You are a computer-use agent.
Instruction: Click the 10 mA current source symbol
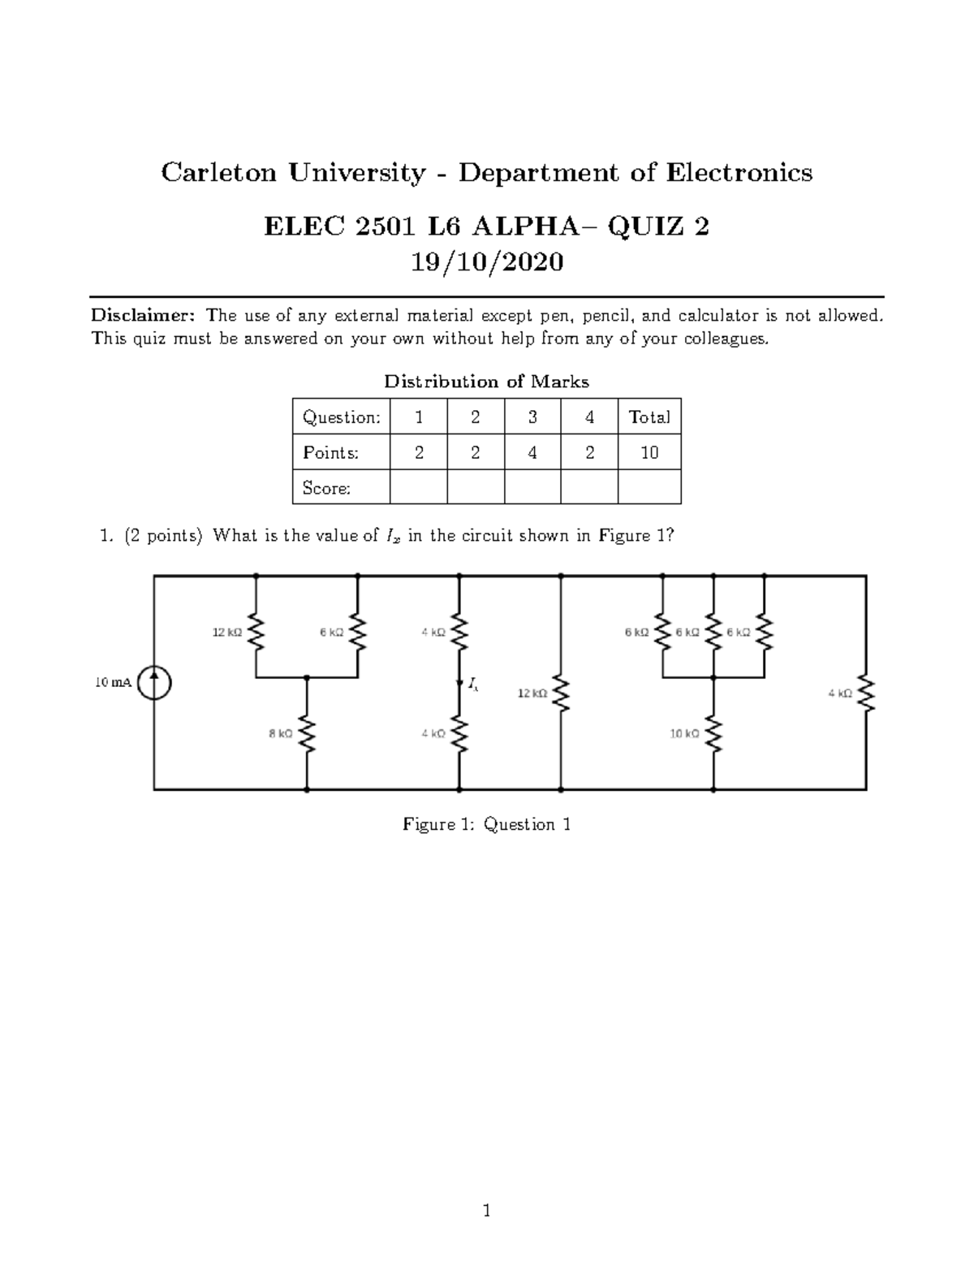pos(154,682)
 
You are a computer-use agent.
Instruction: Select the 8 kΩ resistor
pos(307,734)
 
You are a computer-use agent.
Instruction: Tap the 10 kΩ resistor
pos(713,734)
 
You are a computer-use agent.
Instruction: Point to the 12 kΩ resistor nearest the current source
pos(256,632)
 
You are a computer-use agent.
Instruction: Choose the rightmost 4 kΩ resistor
pos(866,693)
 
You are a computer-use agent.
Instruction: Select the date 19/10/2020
pos(486,262)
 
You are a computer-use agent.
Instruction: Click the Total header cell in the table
pos(649,417)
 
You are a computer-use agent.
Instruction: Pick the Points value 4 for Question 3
pos(532,453)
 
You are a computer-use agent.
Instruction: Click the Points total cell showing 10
pos(649,453)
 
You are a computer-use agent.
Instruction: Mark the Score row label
pos(326,488)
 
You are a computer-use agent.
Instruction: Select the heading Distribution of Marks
pos(486,382)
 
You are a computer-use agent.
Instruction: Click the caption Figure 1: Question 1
pos(487,824)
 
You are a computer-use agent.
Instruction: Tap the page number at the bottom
pos(486,1211)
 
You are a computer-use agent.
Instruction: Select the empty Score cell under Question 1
pos(418,488)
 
